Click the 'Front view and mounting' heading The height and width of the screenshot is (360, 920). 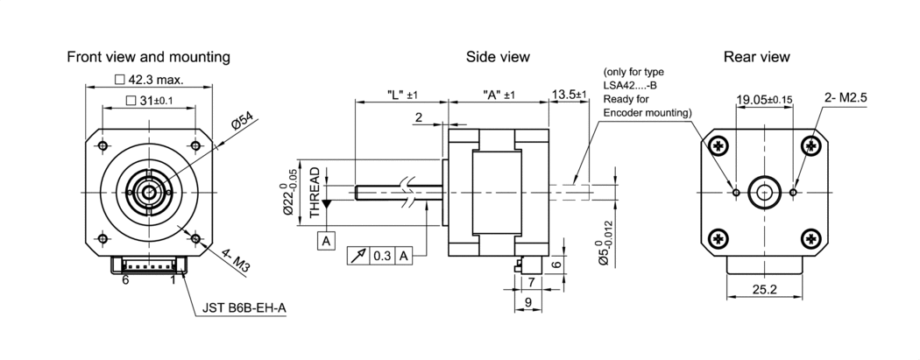[x=149, y=57]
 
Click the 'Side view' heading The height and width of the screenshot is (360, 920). [x=498, y=57]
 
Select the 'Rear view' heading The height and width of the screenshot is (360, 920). [x=756, y=57]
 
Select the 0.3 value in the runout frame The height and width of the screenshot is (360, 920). [x=383, y=256]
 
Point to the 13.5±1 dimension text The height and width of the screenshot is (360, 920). [x=569, y=94]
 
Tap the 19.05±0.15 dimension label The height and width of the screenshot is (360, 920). [x=764, y=100]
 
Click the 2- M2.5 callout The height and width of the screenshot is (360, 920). [x=846, y=99]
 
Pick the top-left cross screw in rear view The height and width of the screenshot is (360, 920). [x=719, y=144]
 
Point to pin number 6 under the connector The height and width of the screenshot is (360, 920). [x=126, y=280]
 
